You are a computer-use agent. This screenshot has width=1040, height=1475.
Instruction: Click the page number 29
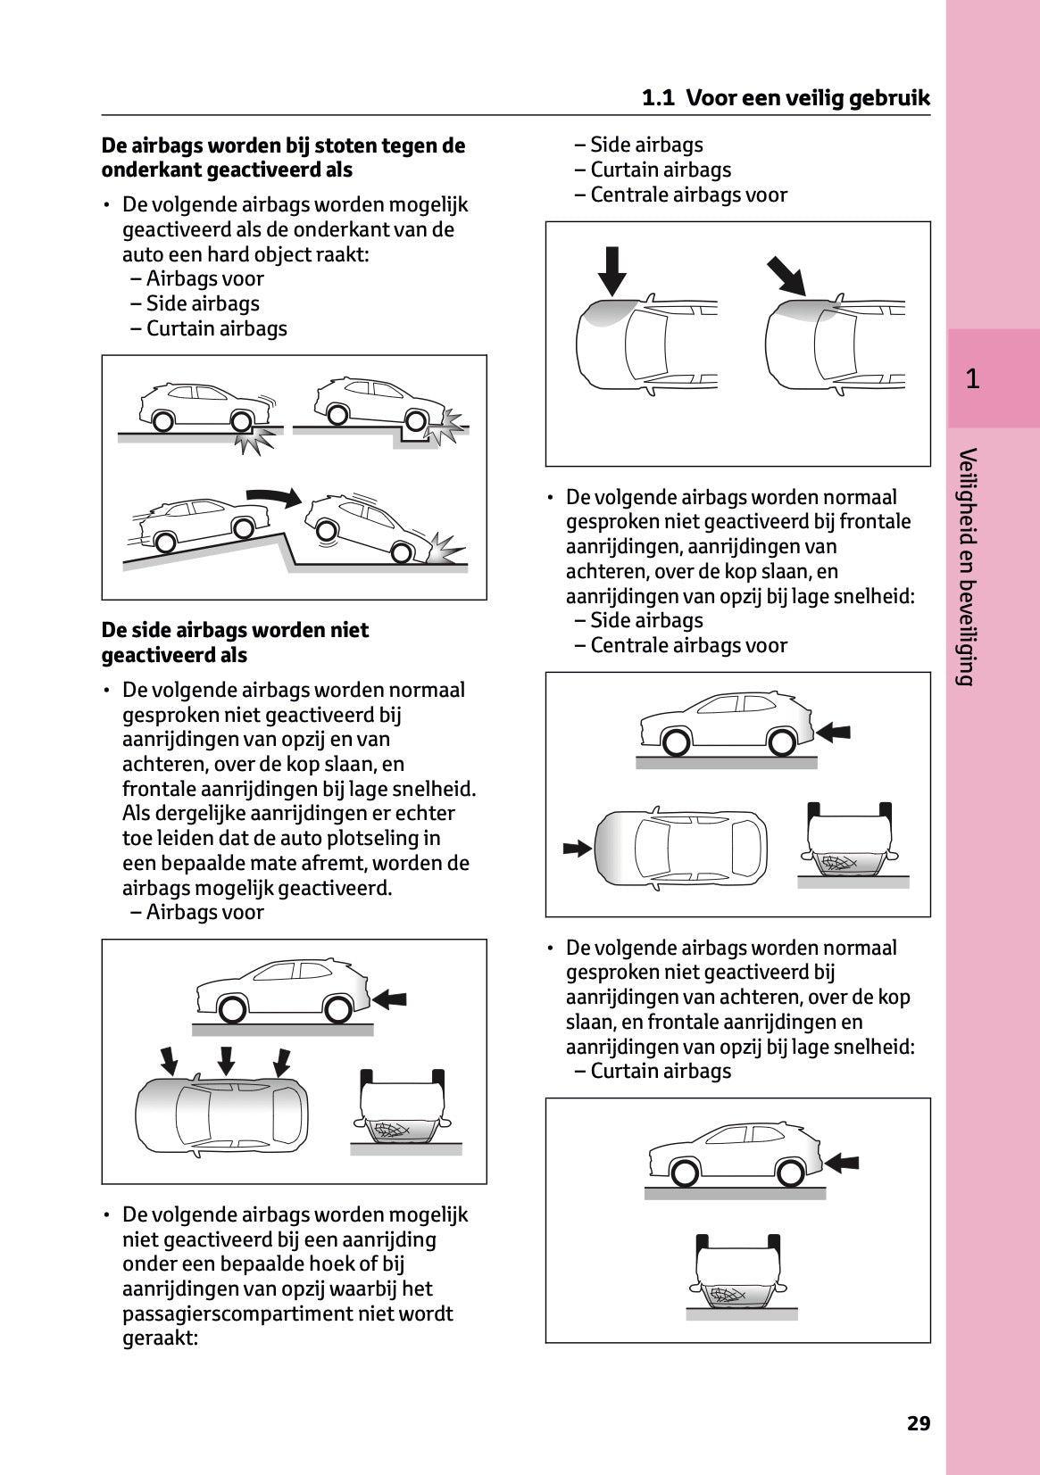coord(919,1422)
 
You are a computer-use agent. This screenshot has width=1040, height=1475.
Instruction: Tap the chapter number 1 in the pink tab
coord(973,378)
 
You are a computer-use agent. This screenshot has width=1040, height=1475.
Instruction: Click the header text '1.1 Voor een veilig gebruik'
coord(786,98)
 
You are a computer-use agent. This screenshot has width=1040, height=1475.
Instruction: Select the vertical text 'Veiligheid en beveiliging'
coord(965,567)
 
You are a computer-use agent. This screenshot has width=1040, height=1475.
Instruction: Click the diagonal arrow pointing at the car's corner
coord(786,275)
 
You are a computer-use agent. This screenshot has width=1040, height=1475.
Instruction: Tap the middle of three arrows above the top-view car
coord(226,1060)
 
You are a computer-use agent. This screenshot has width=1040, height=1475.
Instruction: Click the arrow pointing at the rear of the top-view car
coord(577,847)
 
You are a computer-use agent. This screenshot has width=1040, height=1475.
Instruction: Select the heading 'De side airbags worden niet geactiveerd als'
coord(235,642)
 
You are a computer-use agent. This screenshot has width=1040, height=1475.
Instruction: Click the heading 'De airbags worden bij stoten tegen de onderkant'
coord(283,157)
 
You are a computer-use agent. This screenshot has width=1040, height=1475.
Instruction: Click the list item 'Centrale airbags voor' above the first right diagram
coord(688,195)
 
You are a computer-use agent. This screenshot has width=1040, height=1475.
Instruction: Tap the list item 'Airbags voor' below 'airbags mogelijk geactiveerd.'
coord(204,912)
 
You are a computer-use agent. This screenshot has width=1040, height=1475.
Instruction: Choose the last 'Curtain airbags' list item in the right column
coord(661,1071)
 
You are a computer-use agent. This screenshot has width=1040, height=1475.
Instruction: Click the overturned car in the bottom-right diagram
coord(737,1271)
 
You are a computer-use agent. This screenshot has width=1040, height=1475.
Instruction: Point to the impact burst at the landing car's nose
coord(444,547)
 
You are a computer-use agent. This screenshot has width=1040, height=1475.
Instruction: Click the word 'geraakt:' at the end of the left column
coord(160,1338)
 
